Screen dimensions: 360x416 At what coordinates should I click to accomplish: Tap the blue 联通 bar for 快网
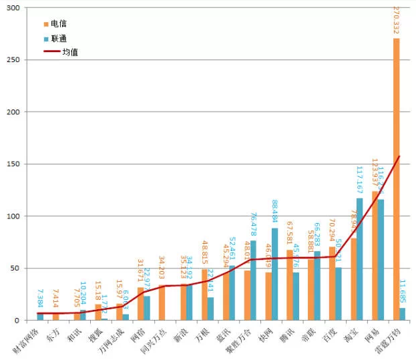point(274,275)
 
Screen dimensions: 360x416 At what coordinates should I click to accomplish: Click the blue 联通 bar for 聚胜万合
point(253,281)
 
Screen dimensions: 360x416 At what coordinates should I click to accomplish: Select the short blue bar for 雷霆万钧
point(403,314)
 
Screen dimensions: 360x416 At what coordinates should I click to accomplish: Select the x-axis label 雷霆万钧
point(389,340)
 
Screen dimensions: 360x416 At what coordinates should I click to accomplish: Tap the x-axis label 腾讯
point(288,334)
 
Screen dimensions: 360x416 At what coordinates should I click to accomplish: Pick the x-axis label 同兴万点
point(155,340)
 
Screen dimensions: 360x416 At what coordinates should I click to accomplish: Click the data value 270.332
point(397,21)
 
